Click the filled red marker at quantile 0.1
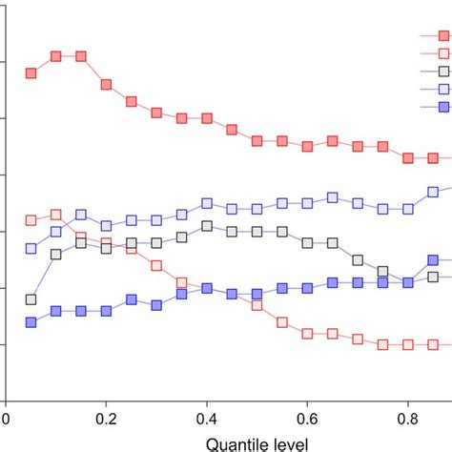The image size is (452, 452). pyautogui.click(x=56, y=56)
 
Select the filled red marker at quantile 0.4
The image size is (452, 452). pyautogui.click(x=207, y=118)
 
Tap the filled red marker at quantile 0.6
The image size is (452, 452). pyautogui.click(x=307, y=147)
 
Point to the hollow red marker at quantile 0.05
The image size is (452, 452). pyautogui.click(x=31, y=220)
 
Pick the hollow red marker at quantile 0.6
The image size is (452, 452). pyautogui.click(x=307, y=334)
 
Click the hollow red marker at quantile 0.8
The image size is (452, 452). pyautogui.click(x=407, y=344)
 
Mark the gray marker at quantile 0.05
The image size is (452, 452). pyautogui.click(x=31, y=299)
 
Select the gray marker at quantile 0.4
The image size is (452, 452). pyautogui.click(x=207, y=226)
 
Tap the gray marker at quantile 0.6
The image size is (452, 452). pyautogui.click(x=307, y=243)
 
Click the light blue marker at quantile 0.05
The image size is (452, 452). pyautogui.click(x=31, y=249)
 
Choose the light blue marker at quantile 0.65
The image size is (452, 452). pyautogui.click(x=332, y=197)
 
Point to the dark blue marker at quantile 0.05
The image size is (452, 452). pyautogui.click(x=31, y=322)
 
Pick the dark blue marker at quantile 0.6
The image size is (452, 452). pyautogui.click(x=307, y=288)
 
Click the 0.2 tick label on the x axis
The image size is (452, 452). pyautogui.click(x=107, y=417)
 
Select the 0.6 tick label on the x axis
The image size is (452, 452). pyautogui.click(x=307, y=417)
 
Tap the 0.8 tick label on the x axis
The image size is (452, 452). pyautogui.click(x=407, y=417)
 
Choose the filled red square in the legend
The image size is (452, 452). pyautogui.click(x=443, y=35)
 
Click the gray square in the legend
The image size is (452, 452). pyautogui.click(x=443, y=72)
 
